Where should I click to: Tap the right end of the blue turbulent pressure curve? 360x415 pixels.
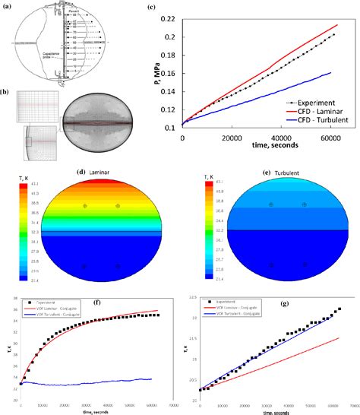332,73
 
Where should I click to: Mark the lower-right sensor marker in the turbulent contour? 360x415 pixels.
305,265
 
